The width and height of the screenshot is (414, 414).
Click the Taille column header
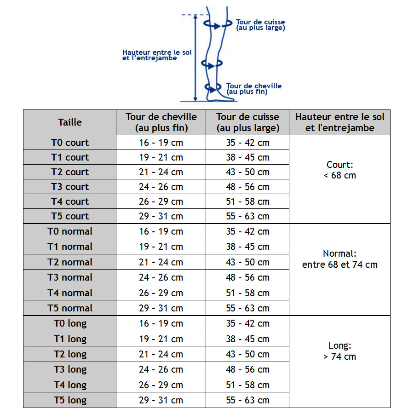click(x=70, y=122)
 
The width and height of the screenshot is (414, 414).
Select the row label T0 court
click(x=70, y=143)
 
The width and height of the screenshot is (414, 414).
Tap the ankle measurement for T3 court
click(x=161, y=187)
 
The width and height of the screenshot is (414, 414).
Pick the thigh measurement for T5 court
click(x=247, y=216)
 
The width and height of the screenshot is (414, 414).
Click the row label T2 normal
click(x=70, y=262)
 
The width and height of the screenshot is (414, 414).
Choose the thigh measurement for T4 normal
click(x=247, y=293)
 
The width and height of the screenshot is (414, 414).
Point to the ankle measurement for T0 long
click(x=161, y=323)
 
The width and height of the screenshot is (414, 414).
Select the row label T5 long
click(x=70, y=400)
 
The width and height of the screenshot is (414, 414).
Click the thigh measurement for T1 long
click(x=247, y=339)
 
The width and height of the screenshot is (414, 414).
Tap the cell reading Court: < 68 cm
click(x=340, y=170)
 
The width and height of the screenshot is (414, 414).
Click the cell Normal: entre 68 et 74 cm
click(x=340, y=259)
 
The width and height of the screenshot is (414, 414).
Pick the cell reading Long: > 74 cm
click(x=340, y=351)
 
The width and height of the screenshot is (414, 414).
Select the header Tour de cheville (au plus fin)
click(x=161, y=122)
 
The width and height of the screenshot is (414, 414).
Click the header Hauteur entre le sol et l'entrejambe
click(x=340, y=122)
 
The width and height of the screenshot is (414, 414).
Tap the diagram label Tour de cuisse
click(x=260, y=22)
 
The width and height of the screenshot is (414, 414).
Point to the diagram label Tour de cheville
click(x=254, y=86)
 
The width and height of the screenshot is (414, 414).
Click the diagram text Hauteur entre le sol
click(x=156, y=53)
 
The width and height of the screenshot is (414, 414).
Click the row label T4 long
click(x=70, y=385)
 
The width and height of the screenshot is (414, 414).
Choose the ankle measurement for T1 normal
click(x=161, y=247)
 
